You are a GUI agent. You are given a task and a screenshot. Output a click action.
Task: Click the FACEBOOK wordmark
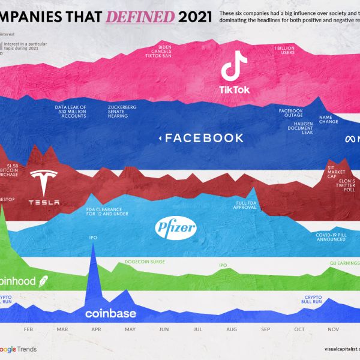[204, 138]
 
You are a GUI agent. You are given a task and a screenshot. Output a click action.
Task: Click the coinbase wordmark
[110, 313]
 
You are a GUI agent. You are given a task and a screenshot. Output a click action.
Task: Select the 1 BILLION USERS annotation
[285, 50]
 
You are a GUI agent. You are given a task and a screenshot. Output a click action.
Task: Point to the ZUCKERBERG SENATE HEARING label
[120, 112]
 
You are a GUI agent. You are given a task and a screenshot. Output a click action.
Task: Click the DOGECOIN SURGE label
[145, 262]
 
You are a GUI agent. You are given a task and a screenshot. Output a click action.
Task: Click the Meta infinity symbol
[350, 139]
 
